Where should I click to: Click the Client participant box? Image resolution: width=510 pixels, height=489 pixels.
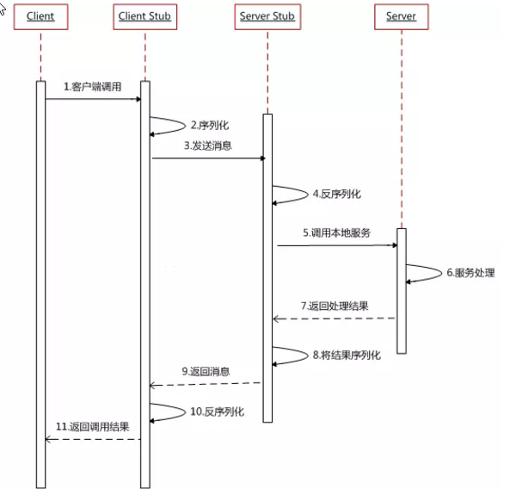[x=40, y=15]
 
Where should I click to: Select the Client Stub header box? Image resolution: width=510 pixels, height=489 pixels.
[x=144, y=15]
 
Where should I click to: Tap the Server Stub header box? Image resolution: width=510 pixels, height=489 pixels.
[x=267, y=15]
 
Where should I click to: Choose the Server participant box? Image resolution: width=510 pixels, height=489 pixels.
[x=401, y=15]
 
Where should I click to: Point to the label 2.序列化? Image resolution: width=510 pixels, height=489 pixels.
[x=210, y=125]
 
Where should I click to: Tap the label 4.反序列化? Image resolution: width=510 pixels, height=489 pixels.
[x=337, y=193]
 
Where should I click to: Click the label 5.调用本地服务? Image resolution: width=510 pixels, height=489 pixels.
[x=336, y=232]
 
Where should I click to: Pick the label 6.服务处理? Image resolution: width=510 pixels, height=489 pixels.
[x=470, y=273]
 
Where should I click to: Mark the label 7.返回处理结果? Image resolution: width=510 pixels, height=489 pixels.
[x=336, y=306]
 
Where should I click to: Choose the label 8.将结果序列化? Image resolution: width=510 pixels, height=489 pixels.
[x=345, y=354]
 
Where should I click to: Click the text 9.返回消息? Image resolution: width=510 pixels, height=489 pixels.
[x=206, y=371]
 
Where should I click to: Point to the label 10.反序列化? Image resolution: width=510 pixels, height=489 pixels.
[x=216, y=412]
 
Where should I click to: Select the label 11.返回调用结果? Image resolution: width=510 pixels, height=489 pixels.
[x=92, y=426]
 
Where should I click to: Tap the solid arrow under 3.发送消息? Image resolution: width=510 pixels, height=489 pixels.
[x=208, y=158]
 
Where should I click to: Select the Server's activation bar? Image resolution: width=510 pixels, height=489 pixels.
[x=401, y=290]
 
